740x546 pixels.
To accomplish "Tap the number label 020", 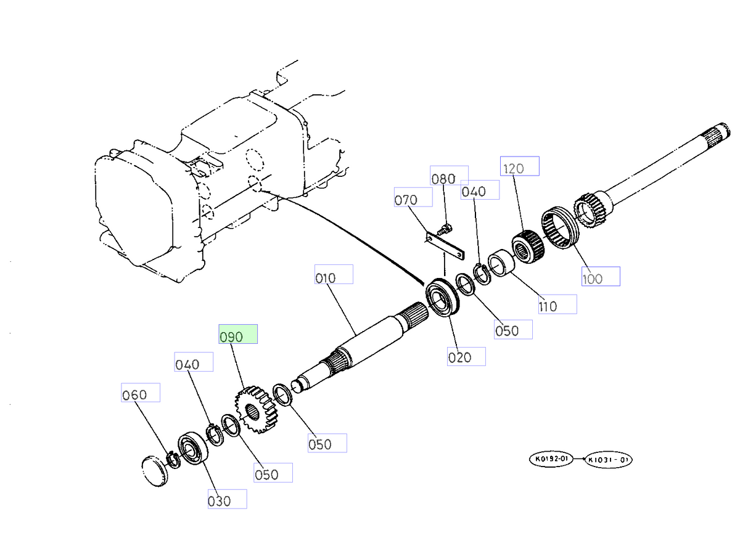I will coord(466,356).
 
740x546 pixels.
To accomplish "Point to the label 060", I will coord(140,393).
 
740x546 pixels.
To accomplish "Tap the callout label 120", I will coord(519,166).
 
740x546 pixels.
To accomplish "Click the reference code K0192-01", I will coord(551,458).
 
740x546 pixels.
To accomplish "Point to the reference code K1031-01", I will coord(608,459).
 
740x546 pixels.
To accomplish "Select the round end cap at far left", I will coord(154,471).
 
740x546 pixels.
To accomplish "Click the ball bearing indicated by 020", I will coord(444,299).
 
